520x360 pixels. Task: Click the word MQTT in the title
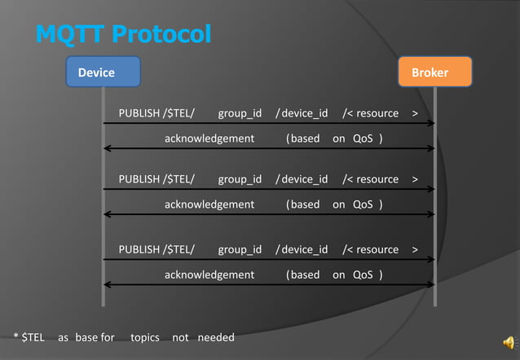pos(70,34)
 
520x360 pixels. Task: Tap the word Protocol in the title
pos(161,34)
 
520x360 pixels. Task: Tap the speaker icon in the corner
pos(508,342)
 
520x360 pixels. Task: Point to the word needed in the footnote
pos(216,337)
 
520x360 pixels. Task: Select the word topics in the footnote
pos(145,337)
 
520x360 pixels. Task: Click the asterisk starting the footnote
pos(15,336)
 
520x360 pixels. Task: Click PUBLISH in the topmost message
pos(139,112)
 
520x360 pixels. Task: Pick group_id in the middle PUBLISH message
pos(240,179)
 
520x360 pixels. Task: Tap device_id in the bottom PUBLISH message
pos(304,249)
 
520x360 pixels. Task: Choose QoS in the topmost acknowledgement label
pos(363,138)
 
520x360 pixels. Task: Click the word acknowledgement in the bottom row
pos(209,274)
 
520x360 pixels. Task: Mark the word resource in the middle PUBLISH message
pos(377,179)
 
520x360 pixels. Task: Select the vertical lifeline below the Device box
pos(104,244)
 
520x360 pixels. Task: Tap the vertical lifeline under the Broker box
pos(435,244)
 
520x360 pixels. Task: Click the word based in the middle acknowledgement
pos(306,204)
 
